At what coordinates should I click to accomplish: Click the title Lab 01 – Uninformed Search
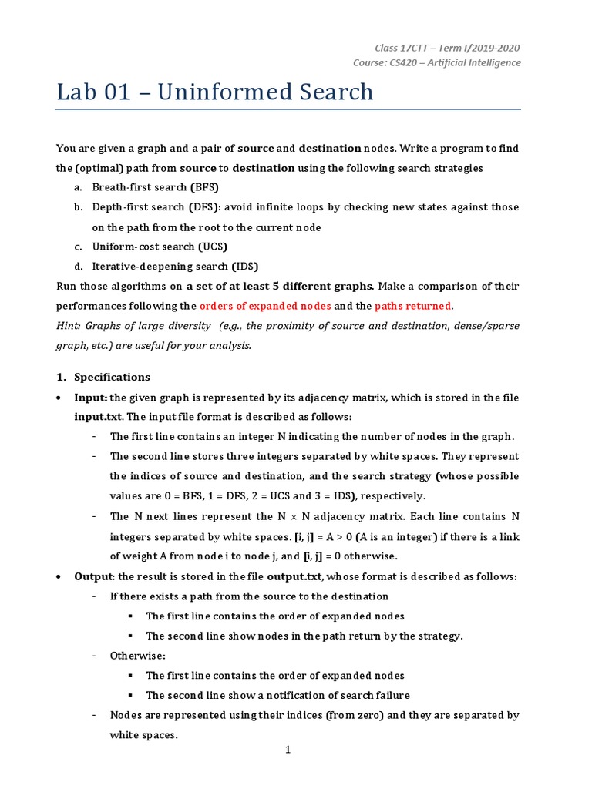pyautogui.click(x=214, y=92)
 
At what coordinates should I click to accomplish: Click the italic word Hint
pyautogui.click(x=68, y=326)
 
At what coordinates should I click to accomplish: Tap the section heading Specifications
pyautogui.click(x=112, y=377)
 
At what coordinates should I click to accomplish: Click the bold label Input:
pyautogui.click(x=90, y=397)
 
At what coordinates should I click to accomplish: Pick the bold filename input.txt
pyautogui.click(x=99, y=417)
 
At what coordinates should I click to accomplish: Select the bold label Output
pyautogui.click(x=93, y=577)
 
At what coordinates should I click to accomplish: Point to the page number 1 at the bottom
pyautogui.click(x=288, y=750)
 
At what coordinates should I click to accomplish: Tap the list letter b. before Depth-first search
pyautogui.click(x=78, y=207)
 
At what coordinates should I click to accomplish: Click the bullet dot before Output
pyautogui.click(x=60, y=577)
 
